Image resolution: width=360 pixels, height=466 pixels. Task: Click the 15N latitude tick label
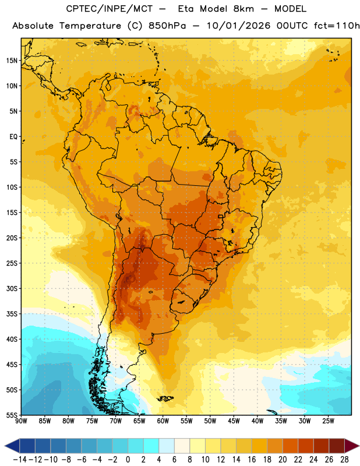[x=12, y=61]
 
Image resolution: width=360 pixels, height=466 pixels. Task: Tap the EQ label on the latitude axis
[x=13, y=137]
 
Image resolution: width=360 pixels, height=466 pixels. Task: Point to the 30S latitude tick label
[x=12, y=288]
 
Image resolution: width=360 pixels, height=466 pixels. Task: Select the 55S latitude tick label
[x=12, y=415]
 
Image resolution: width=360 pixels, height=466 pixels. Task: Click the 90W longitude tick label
[x=22, y=421]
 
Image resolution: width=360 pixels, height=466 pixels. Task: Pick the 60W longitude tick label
[x=163, y=421]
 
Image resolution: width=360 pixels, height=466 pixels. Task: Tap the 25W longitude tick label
[x=328, y=421]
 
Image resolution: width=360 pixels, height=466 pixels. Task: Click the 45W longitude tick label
[x=234, y=421]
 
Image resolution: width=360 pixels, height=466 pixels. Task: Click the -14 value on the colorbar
[x=20, y=460]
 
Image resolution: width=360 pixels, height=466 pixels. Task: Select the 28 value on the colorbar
[x=344, y=460]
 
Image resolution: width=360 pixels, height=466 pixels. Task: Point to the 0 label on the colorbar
[x=128, y=460]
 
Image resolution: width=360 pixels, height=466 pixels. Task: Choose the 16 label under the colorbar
[x=252, y=460]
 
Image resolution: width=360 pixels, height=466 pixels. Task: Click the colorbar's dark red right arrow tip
[x=359, y=446]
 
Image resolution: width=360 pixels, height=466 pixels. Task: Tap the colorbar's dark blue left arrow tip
[x=5, y=446]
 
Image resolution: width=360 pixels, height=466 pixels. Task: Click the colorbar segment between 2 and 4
[x=151, y=446]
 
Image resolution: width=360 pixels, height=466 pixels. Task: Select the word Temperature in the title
[x=90, y=26]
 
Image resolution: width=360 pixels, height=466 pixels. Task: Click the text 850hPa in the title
[x=167, y=26]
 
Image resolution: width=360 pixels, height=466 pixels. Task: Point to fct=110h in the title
[x=337, y=26]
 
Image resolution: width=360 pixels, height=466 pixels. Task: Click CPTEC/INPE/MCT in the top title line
[x=110, y=9]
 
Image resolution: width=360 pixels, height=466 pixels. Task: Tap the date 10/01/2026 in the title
[x=239, y=26]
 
